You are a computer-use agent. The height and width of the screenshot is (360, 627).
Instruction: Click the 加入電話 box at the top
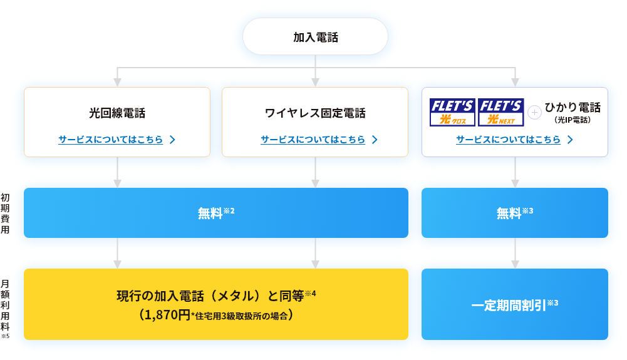tap(315, 37)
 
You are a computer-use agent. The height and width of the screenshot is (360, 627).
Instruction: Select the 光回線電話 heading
tap(117, 113)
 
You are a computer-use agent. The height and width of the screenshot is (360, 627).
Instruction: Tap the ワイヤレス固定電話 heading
tap(315, 113)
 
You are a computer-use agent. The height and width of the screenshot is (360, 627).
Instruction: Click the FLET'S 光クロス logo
tap(452, 112)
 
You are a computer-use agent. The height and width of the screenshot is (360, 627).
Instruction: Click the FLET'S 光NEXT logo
tap(500, 112)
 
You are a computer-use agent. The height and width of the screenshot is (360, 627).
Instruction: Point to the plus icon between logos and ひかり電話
tap(534, 113)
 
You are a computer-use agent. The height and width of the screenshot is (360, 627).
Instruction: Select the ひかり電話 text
tap(573, 107)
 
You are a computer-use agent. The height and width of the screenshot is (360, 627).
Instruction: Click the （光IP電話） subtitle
tap(573, 119)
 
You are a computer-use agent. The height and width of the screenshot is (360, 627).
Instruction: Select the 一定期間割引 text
tap(509, 306)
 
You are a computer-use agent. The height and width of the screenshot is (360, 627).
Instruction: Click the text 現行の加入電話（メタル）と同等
tap(210, 296)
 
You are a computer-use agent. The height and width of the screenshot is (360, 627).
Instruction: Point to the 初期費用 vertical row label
tap(5, 213)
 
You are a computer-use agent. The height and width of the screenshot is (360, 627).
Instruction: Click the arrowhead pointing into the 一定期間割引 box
tap(515, 265)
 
